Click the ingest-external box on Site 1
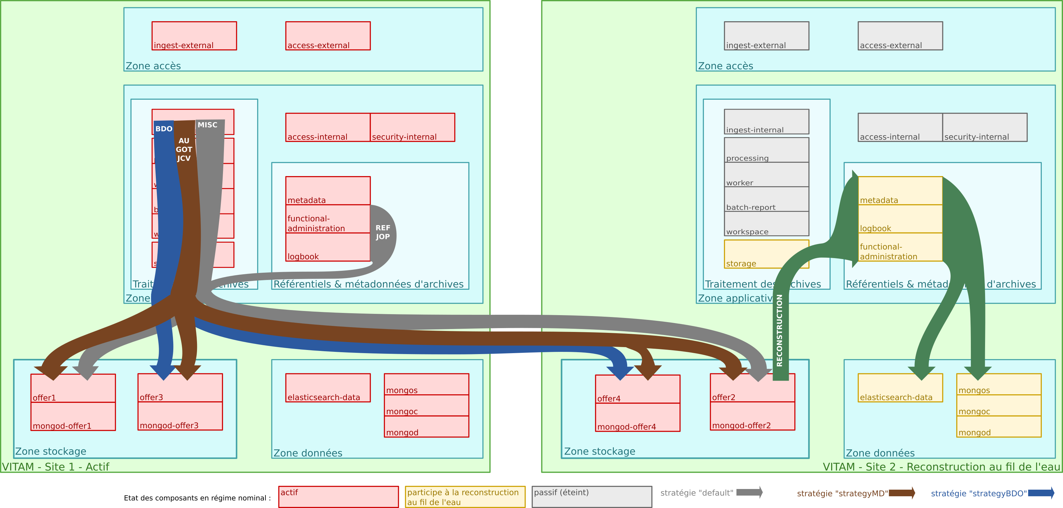tap(194, 36)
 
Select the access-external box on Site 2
tap(900, 36)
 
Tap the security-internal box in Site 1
tap(412, 128)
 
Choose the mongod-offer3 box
tap(180, 416)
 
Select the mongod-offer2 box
tap(752, 416)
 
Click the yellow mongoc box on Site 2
tap(999, 406)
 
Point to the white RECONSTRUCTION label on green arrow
tap(780, 330)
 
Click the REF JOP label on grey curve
tap(383, 232)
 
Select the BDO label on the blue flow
tap(164, 129)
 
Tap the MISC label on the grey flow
tap(207, 125)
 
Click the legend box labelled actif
tap(338, 497)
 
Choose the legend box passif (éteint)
tap(592, 497)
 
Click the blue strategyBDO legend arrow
tap(1041, 493)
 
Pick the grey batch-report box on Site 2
tap(766, 199)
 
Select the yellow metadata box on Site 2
tap(900, 191)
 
